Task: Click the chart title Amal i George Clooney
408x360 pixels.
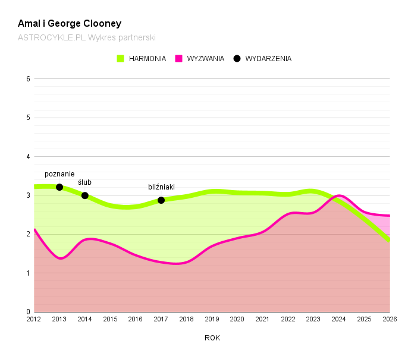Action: (70, 24)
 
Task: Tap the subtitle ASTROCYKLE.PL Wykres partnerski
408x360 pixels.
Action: (87, 37)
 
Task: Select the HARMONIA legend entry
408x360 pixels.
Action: (142, 59)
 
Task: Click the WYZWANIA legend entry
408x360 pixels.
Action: (199, 59)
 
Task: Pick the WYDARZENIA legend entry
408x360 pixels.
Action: (262, 59)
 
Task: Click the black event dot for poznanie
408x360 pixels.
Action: (59, 187)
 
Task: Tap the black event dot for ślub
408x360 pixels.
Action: (85, 195)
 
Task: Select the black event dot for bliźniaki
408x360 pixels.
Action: (161, 200)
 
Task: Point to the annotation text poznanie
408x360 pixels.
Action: (59, 174)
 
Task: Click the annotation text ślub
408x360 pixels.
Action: (85, 182)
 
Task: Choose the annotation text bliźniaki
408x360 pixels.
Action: (161, 187)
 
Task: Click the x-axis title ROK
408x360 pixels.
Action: (212, 338)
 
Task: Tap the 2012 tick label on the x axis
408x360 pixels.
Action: (34, 320)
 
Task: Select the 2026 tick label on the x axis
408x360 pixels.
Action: (390, 320)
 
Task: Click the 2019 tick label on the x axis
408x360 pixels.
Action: (212, 320)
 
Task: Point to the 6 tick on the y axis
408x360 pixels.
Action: (28, 78)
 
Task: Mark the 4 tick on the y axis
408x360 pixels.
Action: (28, 157)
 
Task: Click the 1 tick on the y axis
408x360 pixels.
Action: (28, 273)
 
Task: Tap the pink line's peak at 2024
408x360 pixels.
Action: (339, 195)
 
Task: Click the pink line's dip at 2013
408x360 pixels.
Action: (60, 258)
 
